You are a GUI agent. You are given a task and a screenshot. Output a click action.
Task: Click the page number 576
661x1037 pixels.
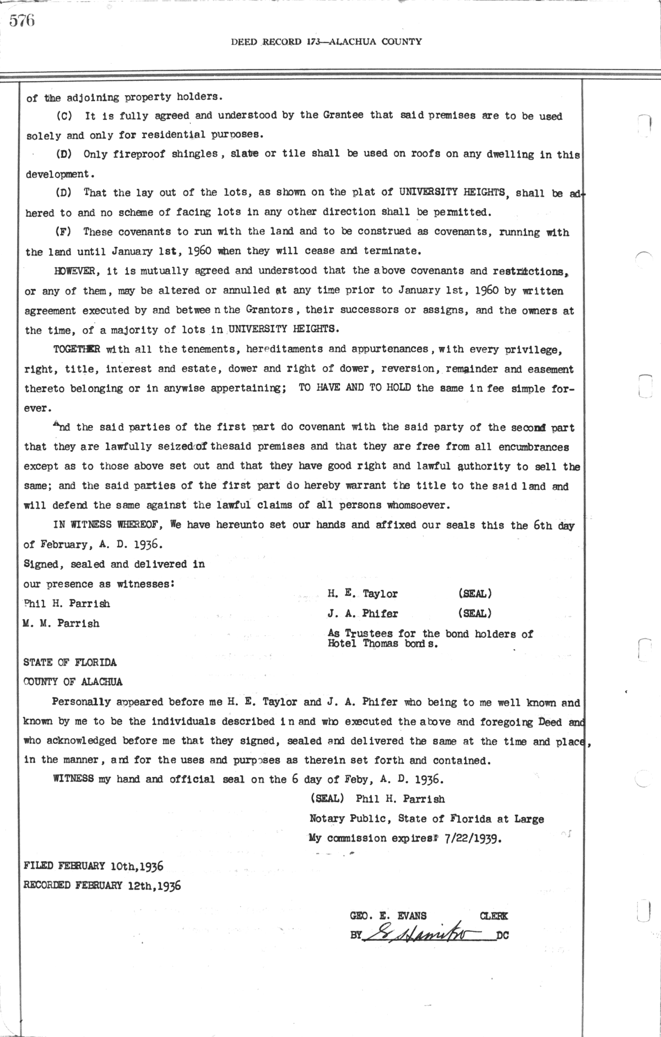click(22, 21)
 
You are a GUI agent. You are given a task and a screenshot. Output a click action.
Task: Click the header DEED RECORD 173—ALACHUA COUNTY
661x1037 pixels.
click(327, 41)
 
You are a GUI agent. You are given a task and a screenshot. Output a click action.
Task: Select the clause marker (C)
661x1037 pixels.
click(63, 116)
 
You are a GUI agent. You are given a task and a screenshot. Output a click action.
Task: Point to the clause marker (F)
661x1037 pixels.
click(63, 232)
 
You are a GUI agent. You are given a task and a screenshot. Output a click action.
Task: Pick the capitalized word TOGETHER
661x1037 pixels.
click(77, 349)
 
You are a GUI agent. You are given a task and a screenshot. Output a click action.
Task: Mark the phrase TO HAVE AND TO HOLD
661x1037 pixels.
click(355, 387)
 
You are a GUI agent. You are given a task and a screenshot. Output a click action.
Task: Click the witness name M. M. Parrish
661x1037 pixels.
click(61, 623)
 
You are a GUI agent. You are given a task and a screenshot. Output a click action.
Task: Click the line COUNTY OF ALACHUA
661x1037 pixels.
click(73, 681)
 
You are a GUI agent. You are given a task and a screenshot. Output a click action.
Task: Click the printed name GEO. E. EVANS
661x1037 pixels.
click(388, 916)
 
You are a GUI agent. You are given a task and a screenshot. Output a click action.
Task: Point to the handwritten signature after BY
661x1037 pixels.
click(421, 934)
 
